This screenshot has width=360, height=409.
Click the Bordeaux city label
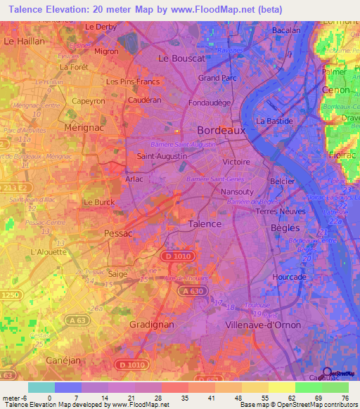pos(221,130)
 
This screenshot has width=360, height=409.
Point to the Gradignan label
pos(153,324)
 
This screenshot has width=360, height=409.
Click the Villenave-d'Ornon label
pos(263,325)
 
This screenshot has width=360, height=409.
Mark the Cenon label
pos(335,90)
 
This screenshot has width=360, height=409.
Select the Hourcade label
pos(289,277)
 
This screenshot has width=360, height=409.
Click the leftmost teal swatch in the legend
pos(41,387)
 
